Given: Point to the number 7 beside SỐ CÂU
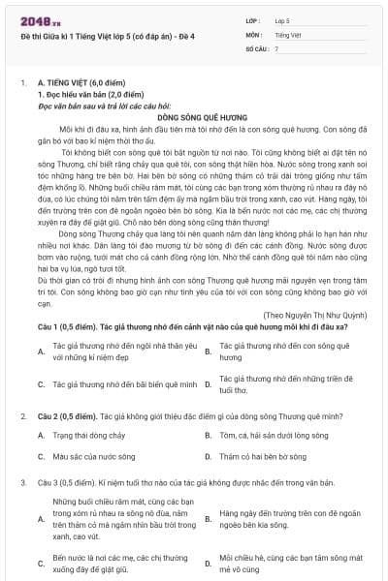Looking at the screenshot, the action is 276,47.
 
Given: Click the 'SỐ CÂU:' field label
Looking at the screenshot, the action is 255,47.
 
